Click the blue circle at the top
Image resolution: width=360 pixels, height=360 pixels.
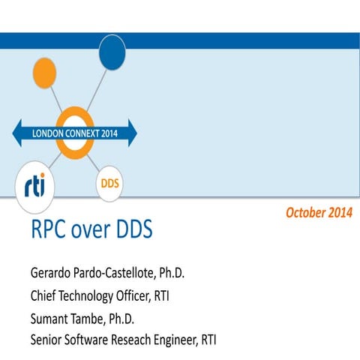pos(112,50)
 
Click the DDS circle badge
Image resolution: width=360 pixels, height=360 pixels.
pos(109,182)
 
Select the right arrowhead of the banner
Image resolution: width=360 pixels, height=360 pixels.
pos(132,133)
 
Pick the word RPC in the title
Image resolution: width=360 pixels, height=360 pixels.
pos(46,231)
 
